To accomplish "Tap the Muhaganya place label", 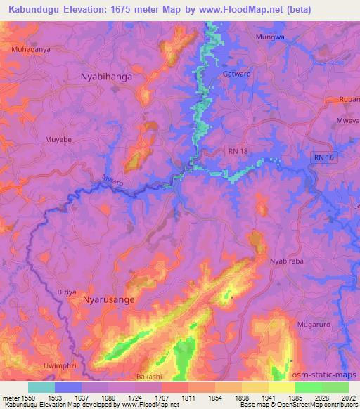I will click(32, 50).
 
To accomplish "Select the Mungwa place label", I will click(270, 37).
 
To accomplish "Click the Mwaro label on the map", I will click(113, 181).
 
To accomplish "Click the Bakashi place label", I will click(148, 377).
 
